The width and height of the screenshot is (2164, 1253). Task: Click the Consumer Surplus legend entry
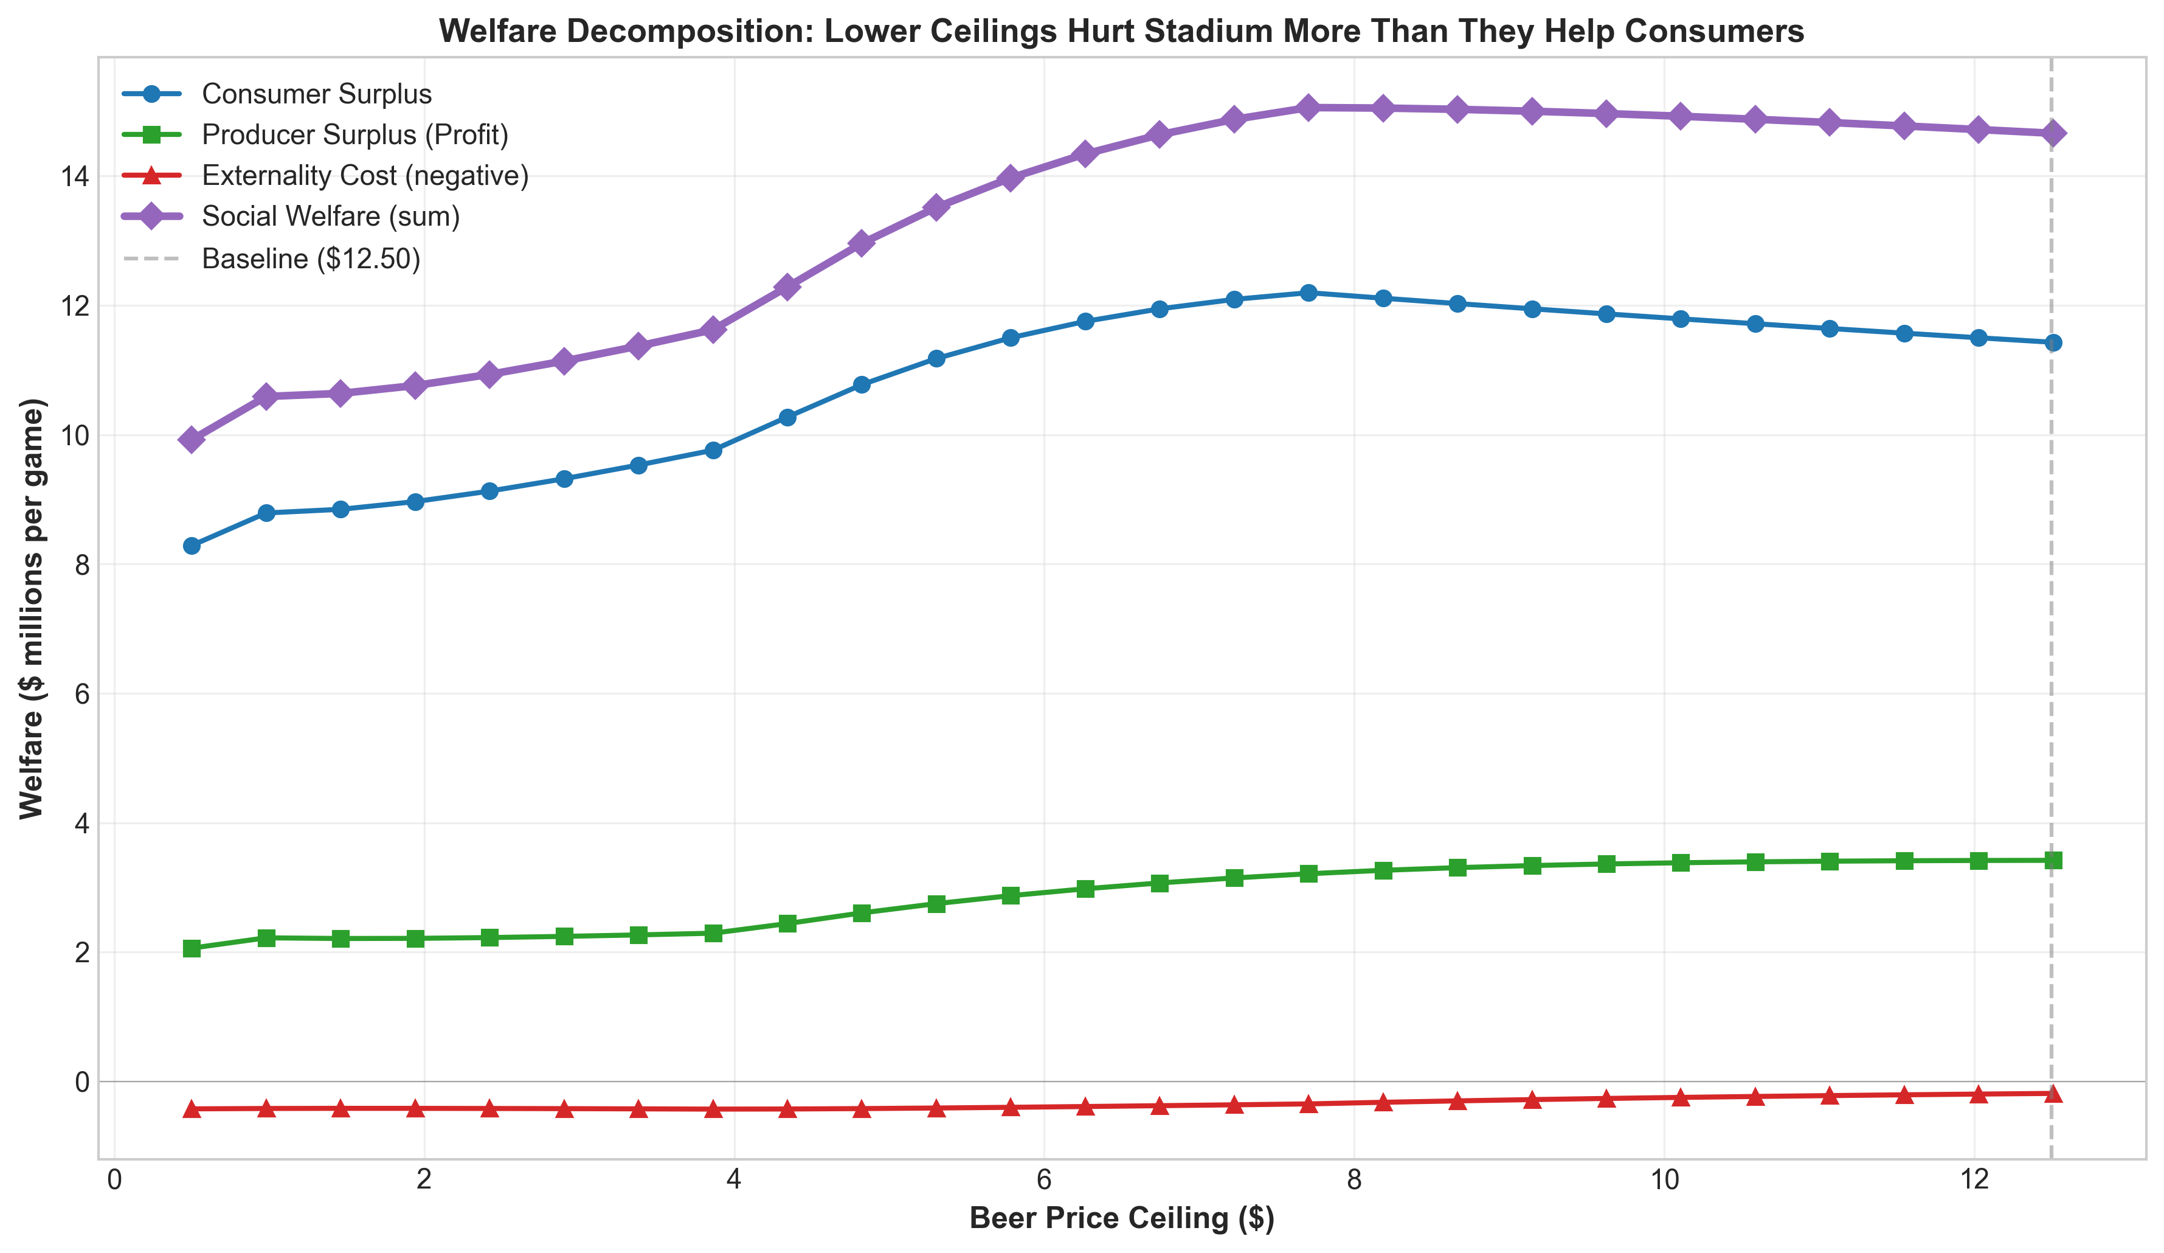tap(316, 94)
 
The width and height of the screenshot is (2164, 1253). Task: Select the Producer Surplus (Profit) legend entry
tap(354, 135)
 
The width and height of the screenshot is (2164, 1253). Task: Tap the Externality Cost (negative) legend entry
tap(365, 176)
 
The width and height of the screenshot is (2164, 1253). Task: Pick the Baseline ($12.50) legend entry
tap(311, 259)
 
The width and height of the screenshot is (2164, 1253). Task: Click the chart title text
tap(1121, 31)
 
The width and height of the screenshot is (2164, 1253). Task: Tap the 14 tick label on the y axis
tap(75, 177)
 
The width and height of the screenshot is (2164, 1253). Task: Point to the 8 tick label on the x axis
tap(1354, 1179)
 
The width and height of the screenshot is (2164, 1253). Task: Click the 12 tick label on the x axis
tap(1975, 1179)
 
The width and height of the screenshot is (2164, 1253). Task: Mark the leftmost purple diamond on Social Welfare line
tap(192, 440)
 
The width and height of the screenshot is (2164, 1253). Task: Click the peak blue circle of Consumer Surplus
tap(1308, 293)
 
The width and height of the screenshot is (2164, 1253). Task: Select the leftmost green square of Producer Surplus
tap(192, 949)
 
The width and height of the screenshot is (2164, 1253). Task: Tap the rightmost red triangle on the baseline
tap(2052, 1093)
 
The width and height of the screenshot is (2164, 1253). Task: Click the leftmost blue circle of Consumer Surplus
tap(192, 546)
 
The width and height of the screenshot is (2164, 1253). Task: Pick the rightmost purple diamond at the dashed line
tap(2052, 133)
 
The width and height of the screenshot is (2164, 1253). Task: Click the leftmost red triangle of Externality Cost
tap(192, 1109)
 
